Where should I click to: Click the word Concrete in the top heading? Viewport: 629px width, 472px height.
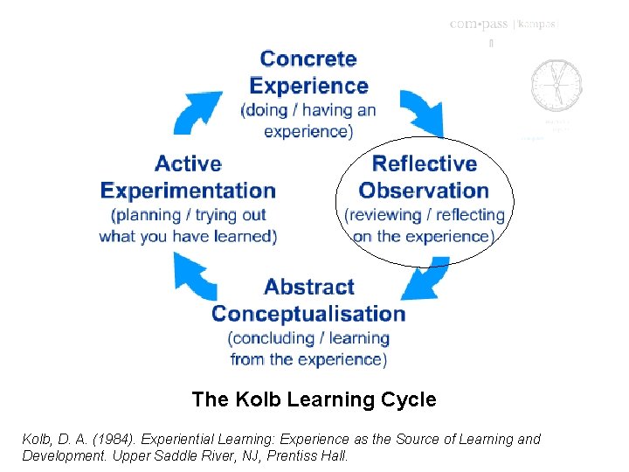point(308,59)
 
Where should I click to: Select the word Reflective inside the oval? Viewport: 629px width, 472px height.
point(424,163)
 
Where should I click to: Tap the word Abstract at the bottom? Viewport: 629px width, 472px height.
point(308,287)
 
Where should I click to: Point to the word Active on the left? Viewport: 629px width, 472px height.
point(188,163)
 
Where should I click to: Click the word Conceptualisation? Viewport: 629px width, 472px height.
point(308,313)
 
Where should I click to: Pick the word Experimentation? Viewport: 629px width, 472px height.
point(188,190)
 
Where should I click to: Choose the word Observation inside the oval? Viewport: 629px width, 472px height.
point(424,190)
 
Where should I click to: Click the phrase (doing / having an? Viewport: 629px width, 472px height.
point(308,111)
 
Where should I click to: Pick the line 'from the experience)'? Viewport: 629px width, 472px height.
point(308,359)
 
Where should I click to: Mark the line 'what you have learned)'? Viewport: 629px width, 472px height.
point(188,236)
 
